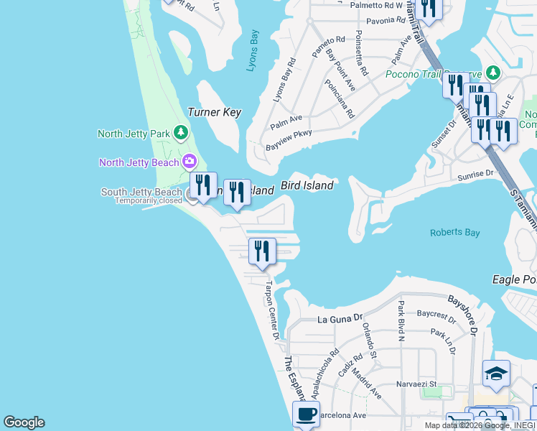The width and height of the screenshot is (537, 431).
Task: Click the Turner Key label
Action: click(214, 112)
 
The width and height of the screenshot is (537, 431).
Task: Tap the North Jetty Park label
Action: click(134, 133)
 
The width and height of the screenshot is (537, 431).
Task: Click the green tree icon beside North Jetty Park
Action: click(182, 132)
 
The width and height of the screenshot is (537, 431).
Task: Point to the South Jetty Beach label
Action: click(141, 192)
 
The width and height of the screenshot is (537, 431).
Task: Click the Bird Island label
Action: click(307, 185)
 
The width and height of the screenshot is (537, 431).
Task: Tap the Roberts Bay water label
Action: click(454, 233)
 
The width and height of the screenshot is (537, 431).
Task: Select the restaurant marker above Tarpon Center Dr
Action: click(262, 251)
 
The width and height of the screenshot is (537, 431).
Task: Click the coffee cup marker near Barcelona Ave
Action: click(307, 414)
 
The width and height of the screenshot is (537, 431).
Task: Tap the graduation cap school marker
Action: click(496, 373)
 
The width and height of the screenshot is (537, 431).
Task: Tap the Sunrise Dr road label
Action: click(475, 174)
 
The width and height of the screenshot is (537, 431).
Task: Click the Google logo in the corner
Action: click(24, 422)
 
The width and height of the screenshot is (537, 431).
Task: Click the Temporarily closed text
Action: click(149, 201)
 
